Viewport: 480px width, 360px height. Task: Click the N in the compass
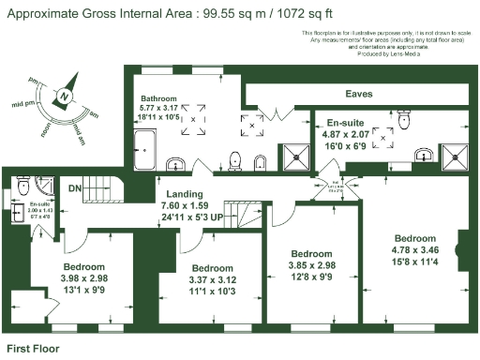pyautogui.click(x=63, y=96)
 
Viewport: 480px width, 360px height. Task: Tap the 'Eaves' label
pyautogui.click(x=359, y=94)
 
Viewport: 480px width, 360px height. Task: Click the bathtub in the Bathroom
pyautogui.click(x=146, y=150)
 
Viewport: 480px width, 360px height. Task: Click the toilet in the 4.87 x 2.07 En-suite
pyautogui.click(x=404, y=118)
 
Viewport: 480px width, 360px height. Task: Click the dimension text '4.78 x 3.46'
pyautogui.click(x=415, y=250)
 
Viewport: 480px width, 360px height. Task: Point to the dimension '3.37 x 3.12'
pyautogui.click(x=213, y=278)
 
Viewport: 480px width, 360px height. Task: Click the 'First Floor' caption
pyautogui.click(x=34, y=348)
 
